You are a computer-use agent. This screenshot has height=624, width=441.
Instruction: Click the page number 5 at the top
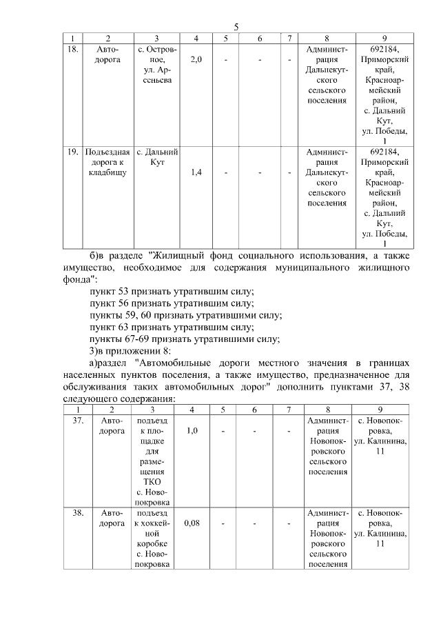236,27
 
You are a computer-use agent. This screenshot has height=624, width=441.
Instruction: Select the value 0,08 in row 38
193,523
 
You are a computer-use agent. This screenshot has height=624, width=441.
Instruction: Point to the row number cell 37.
78,419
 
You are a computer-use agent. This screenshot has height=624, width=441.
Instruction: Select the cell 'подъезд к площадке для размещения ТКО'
150,460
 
